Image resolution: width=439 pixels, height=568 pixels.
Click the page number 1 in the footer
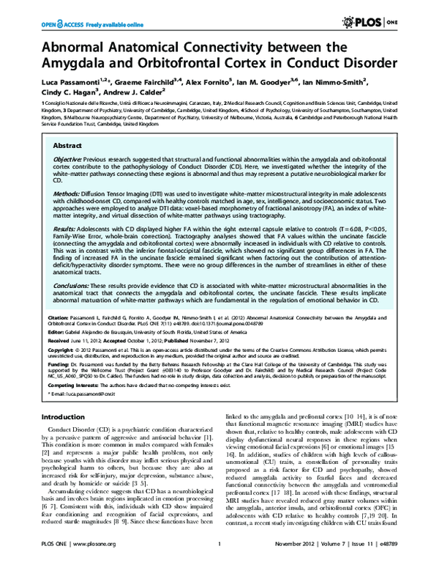pyautogui.click(x=219, y=555)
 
